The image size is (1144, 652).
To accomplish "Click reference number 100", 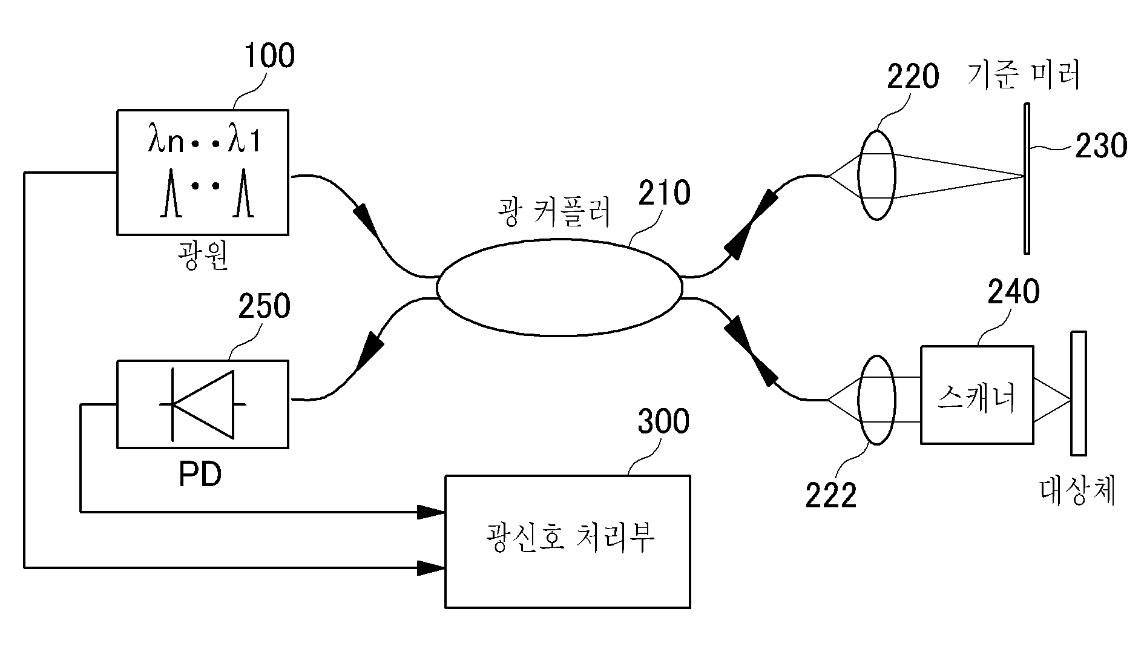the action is coord(269,56).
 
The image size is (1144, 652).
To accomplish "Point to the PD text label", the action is coord(200,476).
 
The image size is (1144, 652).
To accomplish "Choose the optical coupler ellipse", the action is coord(558,288).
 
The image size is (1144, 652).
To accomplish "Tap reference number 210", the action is coord(663,193).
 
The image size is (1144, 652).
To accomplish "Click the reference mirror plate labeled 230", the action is coord(1027,179).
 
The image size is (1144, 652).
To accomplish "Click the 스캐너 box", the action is coord(977,395).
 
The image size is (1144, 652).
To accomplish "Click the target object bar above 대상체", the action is coord(1078,393).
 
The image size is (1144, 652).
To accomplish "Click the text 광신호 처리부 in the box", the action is coord(570,537).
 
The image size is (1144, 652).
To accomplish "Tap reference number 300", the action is coord(663,422).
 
